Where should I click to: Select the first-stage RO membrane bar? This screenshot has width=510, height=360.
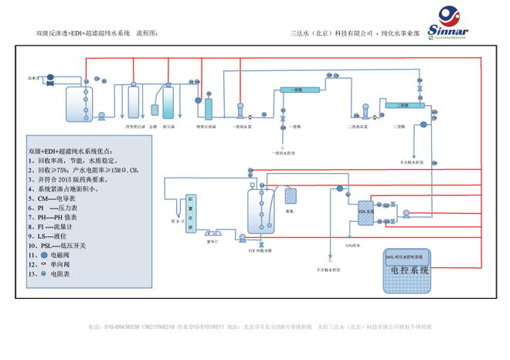click(295, 91)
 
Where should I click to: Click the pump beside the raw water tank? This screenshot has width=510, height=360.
click(101, 115)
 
